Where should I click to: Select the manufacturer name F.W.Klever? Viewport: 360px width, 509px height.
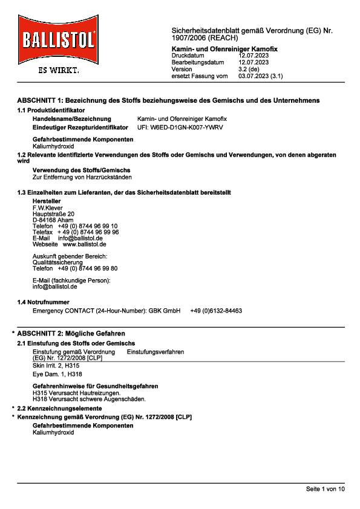[47, 208]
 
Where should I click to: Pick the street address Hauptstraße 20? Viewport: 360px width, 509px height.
[53, 214]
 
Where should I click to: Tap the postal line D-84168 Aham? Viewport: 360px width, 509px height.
[53, 220]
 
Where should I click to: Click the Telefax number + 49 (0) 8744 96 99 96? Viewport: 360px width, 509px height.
[88, 232]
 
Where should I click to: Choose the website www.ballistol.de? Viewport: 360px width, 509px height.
[85, 244]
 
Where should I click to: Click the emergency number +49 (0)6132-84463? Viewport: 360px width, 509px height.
[216, 310]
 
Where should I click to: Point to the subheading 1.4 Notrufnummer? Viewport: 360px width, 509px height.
[43, 302]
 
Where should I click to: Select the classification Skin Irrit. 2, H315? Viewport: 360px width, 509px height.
[56, 366]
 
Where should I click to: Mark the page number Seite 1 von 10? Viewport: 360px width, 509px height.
[325, 488]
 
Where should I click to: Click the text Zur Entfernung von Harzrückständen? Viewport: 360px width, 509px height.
[82, 177]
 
